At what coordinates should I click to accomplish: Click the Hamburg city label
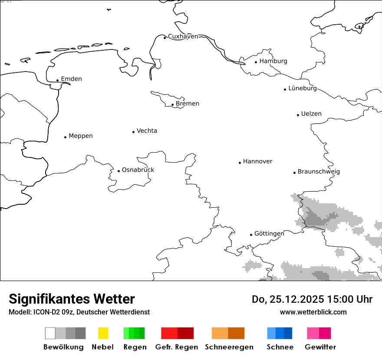(x=273, y=61)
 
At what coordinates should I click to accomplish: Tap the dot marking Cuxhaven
(x=165, y=38)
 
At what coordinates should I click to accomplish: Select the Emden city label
(x=71, y=79)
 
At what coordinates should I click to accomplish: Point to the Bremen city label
(x=188, y=104)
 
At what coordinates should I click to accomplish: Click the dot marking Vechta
(x=134, y=132)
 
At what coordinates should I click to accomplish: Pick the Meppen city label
(x=81, y=136)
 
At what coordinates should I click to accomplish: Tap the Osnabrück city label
(x=138, y=170)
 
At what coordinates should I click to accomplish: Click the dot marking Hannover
(x=240, y=163)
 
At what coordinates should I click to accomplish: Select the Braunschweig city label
(x=319, y=172)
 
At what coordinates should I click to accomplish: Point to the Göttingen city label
(x=269, y=233)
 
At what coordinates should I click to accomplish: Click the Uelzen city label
(x=311, y=114)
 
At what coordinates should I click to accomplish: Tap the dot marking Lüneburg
(x=285, y=89)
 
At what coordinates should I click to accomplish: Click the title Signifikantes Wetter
(x=72, y=299)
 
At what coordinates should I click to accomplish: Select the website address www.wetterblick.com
(x=313, y=312)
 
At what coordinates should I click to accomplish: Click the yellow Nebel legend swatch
(x=103, y=333)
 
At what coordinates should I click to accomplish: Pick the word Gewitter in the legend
(x=320, y=347)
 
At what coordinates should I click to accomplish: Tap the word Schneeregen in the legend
(x=229, y=347)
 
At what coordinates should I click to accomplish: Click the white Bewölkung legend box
(x=50, y=333)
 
